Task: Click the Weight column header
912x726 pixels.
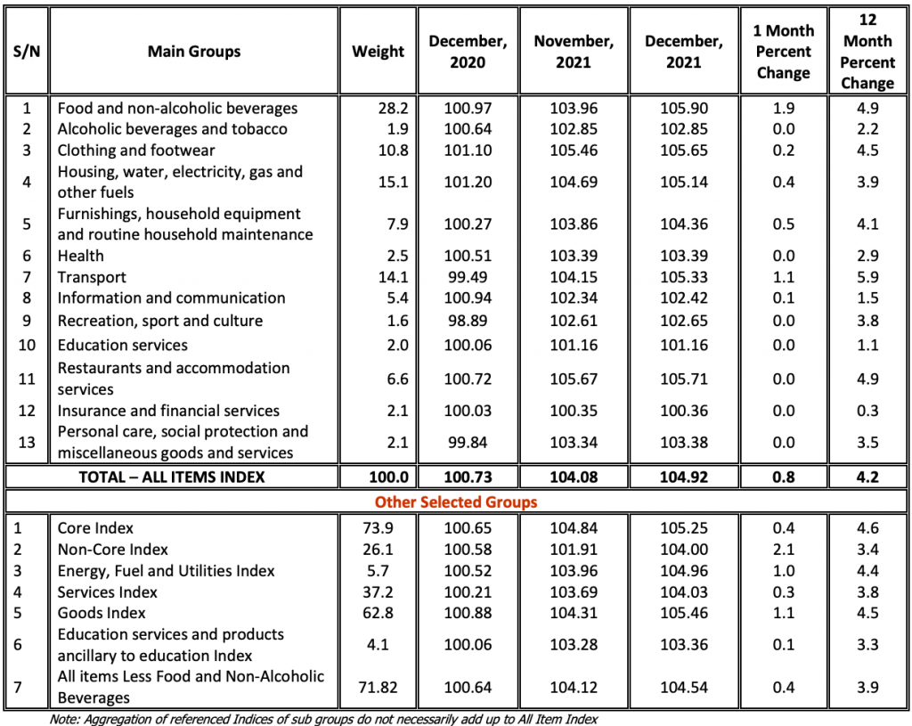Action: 378,52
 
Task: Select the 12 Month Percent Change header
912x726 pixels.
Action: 867,52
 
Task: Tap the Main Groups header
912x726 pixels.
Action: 194,52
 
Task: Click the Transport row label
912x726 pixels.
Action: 92,277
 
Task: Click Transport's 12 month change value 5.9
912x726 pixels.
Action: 867,277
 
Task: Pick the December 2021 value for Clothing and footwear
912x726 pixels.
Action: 685,150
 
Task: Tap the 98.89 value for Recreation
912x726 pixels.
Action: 468,321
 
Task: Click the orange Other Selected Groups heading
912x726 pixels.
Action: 456,502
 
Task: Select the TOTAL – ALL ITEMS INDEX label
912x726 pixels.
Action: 172,477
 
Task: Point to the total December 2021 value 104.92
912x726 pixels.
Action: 685,477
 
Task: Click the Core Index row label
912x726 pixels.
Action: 96,528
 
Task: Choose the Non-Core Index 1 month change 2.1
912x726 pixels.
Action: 783,550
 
